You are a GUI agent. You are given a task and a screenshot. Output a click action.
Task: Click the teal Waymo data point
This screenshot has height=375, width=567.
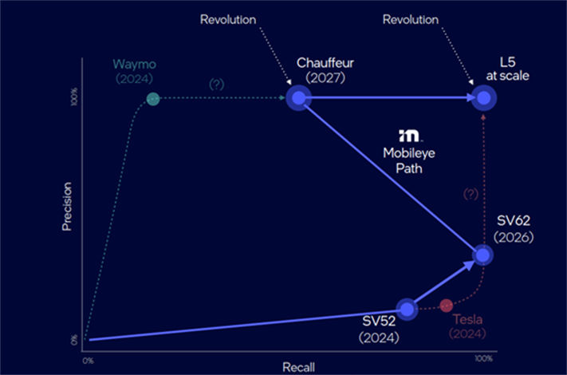(x=153, y=99)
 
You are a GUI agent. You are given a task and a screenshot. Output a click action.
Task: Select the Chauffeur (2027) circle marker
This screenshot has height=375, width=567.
(x=299, y=97)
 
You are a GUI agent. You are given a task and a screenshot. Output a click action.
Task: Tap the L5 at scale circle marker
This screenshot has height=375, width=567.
(x=484, y=98)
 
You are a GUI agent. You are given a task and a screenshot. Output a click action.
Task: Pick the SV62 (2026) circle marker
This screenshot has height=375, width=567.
(x=482, y=255)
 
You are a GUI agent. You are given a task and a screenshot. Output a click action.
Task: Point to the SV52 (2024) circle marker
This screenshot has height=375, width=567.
(x=408, y=310)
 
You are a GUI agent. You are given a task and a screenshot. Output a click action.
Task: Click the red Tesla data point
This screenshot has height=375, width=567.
(x=447, y=306)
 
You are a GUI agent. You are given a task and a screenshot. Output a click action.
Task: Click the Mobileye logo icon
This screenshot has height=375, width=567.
(x=409, y=136)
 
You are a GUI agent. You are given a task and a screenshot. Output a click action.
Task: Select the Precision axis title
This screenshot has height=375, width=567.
(x=67, y=206)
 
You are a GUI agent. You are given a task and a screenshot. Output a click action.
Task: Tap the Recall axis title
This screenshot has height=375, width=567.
(x=299, y=367)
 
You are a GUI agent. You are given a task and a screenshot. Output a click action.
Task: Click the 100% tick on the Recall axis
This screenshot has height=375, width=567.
(x=483, y=358)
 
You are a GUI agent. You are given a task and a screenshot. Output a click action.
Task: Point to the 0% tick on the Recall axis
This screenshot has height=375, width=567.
(x=88, y=361)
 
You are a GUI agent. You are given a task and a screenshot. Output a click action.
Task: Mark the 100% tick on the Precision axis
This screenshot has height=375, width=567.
(x=74, y=97)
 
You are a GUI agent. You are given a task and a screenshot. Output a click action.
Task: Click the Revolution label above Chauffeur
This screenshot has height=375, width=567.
(x=228, y=19)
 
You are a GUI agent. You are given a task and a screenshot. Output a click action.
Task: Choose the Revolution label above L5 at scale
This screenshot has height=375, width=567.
(x=411, y=19)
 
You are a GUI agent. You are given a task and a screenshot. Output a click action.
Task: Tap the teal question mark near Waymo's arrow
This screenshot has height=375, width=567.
(x=217, y=85)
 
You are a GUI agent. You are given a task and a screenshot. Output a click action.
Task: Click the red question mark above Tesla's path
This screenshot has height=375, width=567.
(x=471, y=194)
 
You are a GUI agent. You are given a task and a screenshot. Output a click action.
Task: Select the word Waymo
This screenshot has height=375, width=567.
(x=135, y=64)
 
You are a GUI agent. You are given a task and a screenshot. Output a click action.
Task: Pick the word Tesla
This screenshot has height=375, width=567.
(x=467, y=319)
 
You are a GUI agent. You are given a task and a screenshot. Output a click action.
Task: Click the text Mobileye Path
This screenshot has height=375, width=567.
(x=409, y=160)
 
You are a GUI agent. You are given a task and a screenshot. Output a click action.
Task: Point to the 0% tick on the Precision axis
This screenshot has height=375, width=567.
(x=74, y=340)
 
